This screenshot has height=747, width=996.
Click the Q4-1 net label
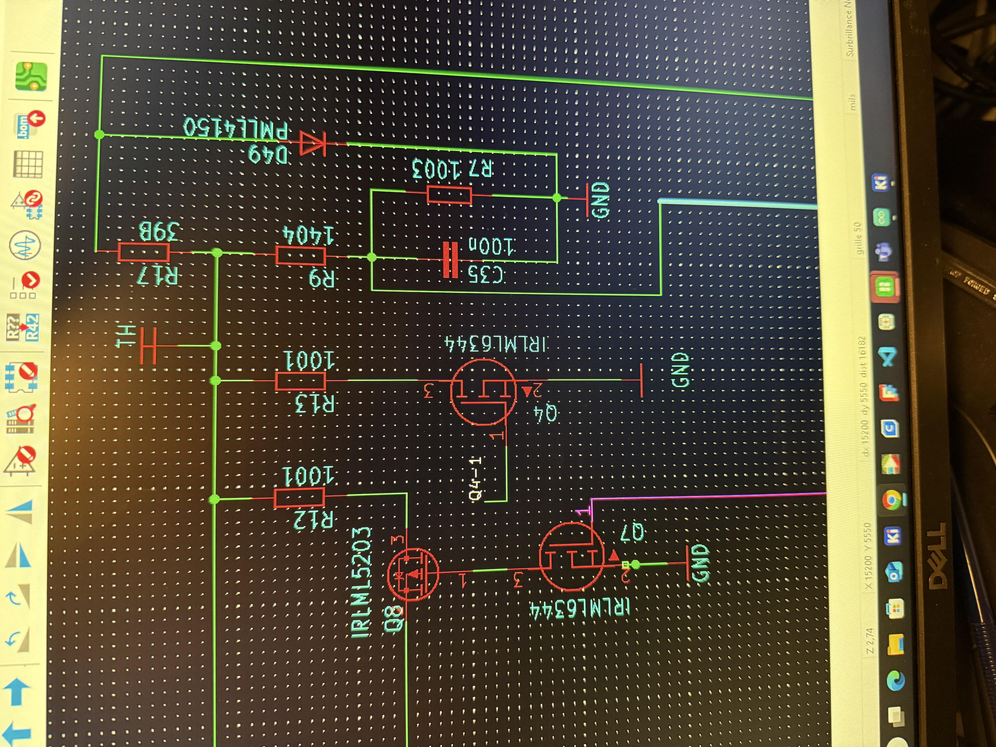click(475, 478)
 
